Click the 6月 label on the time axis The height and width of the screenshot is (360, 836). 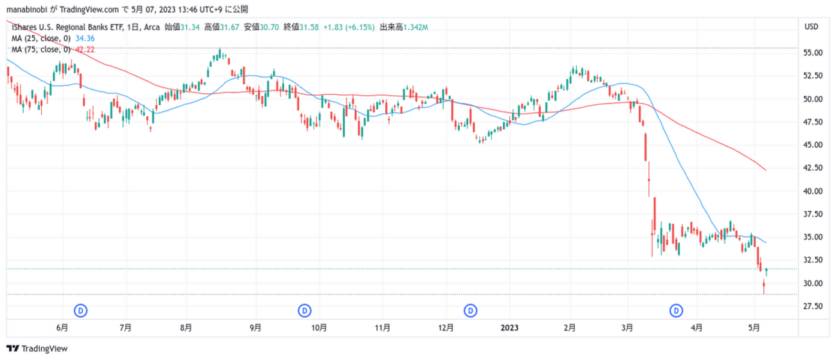click(x=62, y=328)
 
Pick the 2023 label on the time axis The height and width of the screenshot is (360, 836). click(x=509, y=328)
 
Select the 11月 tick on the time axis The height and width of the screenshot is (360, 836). click(x=383, y=328)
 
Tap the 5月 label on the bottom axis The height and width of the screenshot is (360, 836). click(x=754, y=328)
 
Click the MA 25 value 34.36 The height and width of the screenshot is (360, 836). click(x=86, y=39)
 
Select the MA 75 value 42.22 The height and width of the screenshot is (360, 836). click(x=86, y=50)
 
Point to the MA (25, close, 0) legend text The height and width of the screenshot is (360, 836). click(x=41, y=39)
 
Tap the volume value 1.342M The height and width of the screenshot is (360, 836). click(x=414, y=27)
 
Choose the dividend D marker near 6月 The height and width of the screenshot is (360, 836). click(x=81, y=310)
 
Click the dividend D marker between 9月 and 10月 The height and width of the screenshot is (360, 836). click(x=304, y=310)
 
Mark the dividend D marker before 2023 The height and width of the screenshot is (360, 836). click(x=471, y=310)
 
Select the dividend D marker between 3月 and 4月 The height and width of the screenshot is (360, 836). click(x=677, y=310)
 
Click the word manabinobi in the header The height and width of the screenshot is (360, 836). click(x=24, y=10)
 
